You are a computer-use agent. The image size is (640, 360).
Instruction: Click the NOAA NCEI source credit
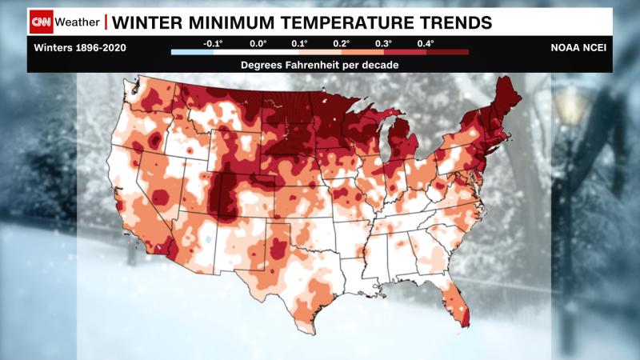(x=577, y=47)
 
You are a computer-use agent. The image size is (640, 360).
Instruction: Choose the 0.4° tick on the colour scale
(x=426, y=42)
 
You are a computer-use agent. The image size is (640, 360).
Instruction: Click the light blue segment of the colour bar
(x=191, y=52)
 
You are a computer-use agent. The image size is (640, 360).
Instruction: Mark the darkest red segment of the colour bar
(x=447, y=52)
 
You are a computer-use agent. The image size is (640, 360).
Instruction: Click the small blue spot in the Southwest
(x=207, y=239)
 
